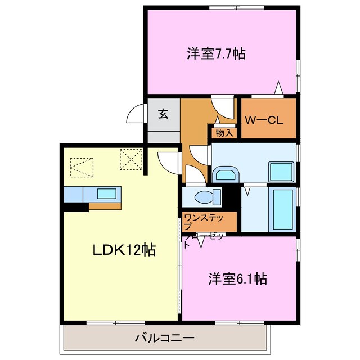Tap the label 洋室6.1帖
pos(237,278)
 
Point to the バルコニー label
pos(164,339)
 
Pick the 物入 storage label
pos(225,133)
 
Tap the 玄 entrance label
pos(163,114)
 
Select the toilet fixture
pos(204,198)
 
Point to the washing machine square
pos(280,171)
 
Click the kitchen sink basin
pos(107,193)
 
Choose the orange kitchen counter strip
pos(105,206)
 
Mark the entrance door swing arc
pos(135,115)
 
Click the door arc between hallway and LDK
pos(167,161)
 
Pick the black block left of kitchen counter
pos(75,206)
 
